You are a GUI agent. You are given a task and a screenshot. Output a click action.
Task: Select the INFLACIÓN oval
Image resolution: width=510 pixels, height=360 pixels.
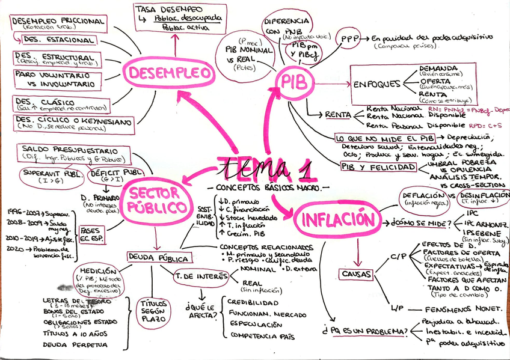(x=338, y=219)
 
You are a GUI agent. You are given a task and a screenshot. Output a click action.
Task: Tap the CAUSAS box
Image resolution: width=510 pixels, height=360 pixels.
(x=355, y=274)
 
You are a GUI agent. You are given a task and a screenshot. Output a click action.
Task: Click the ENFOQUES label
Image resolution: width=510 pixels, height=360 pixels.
(x=376, y=84)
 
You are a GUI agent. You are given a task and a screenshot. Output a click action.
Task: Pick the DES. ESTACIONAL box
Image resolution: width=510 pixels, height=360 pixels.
(x=58, y=40)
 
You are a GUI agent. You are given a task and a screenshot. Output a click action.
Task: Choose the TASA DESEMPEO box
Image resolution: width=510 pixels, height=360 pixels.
(x=178, y=18)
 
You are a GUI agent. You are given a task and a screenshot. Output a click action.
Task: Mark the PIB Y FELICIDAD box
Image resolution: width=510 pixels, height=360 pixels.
(x=379, y=166)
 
